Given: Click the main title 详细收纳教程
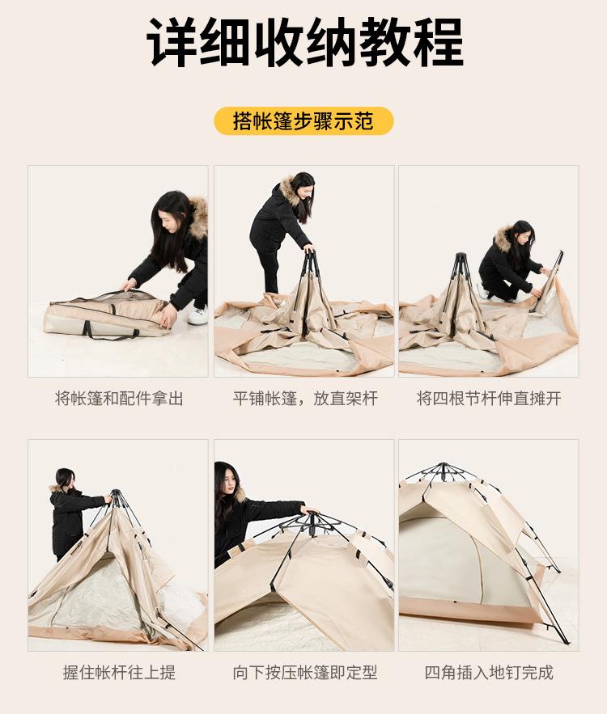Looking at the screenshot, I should (x=304, y=42).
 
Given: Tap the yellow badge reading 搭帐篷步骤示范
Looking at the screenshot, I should (x=303, y=121).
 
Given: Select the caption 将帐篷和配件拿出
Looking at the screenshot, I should (x=119, y=399).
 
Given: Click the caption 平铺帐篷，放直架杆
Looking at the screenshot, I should (x=305, y=399).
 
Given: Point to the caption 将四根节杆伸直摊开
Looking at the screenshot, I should (x=489, y=399).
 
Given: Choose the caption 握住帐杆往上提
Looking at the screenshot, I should (x=119, y=672).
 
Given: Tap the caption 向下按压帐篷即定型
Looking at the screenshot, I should (x=305, y=672).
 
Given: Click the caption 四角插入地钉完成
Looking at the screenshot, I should (x=489, y=672).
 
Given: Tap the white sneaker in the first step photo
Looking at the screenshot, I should (x=197, y=316).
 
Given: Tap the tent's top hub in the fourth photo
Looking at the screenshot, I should (x=117, y=496).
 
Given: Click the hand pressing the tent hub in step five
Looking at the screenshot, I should (x=308, y=510).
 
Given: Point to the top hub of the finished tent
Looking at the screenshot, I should (x=441, y=470).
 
